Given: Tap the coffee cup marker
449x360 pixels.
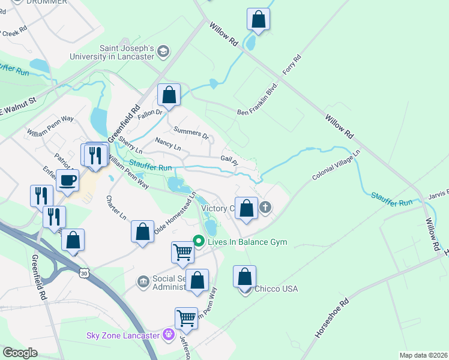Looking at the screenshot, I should pos(67,179).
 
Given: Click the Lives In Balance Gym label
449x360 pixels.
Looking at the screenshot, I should pos(247,242).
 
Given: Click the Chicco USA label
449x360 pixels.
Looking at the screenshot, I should pos(276,289).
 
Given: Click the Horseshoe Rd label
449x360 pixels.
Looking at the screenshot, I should pos(331,317).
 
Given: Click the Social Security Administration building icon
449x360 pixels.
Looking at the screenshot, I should pos(143,281).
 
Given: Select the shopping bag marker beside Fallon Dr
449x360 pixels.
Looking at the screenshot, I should pos(169,95).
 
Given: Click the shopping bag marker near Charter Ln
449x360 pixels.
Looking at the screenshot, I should pos(142,232).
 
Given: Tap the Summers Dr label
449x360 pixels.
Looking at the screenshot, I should pos(190,133).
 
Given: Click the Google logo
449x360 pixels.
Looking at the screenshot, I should pos(20,353).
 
